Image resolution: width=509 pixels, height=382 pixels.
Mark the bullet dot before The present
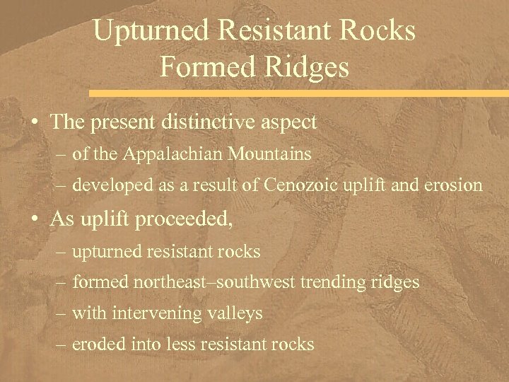click(34, 122)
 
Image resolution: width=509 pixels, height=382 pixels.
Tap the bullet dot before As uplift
click(34, 219)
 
